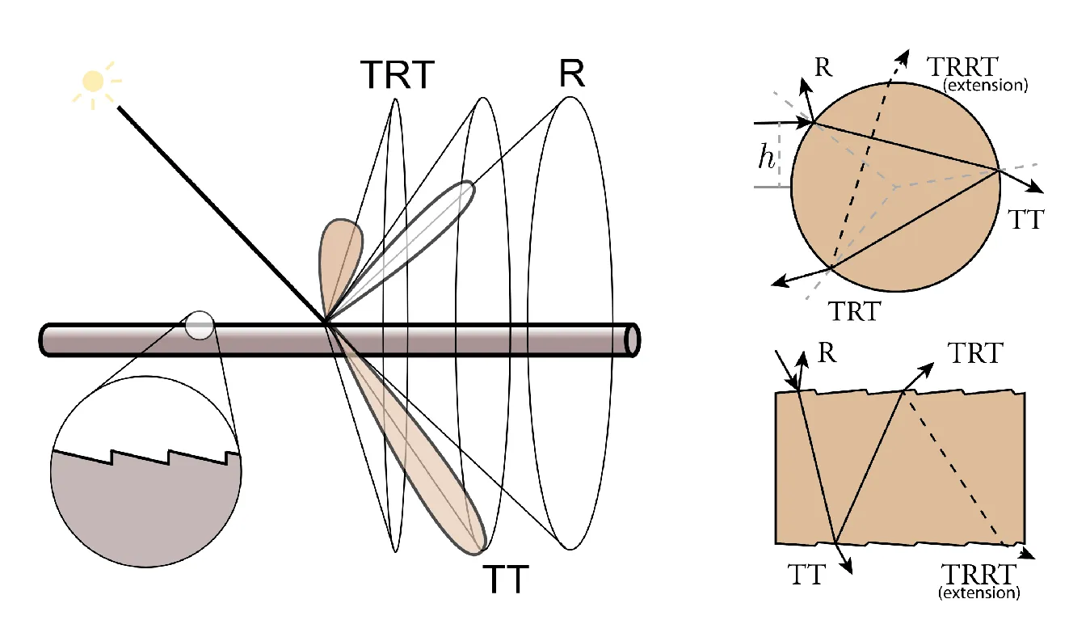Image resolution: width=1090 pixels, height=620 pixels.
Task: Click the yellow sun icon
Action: pos(94,82)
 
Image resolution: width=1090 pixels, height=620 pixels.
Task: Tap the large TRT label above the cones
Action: pos(397,75)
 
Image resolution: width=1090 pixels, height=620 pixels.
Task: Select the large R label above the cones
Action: pos(572,74)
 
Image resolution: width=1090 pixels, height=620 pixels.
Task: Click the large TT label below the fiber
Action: pos(506,580)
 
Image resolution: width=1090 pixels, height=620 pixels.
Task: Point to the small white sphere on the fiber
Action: pos(200,325)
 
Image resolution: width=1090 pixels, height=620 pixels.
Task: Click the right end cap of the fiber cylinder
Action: pos(633,340)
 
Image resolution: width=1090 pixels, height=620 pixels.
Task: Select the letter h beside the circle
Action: pos(767,158)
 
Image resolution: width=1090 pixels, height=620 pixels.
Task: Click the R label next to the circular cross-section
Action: pos(823,67)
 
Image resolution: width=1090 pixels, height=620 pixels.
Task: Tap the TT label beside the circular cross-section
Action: pos(1025,220)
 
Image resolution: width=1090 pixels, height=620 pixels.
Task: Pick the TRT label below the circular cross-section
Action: pos(855,311)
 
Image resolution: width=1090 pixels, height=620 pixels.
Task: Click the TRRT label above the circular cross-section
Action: pos(962,66)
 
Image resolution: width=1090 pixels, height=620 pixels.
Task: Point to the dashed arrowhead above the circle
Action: pos(903,57)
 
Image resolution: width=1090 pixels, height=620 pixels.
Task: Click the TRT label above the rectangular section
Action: pos(975,352)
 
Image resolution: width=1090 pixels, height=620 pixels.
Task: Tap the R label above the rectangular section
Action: pos(827,352)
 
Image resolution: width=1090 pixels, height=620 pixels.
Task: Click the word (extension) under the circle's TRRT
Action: pos(986,86)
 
